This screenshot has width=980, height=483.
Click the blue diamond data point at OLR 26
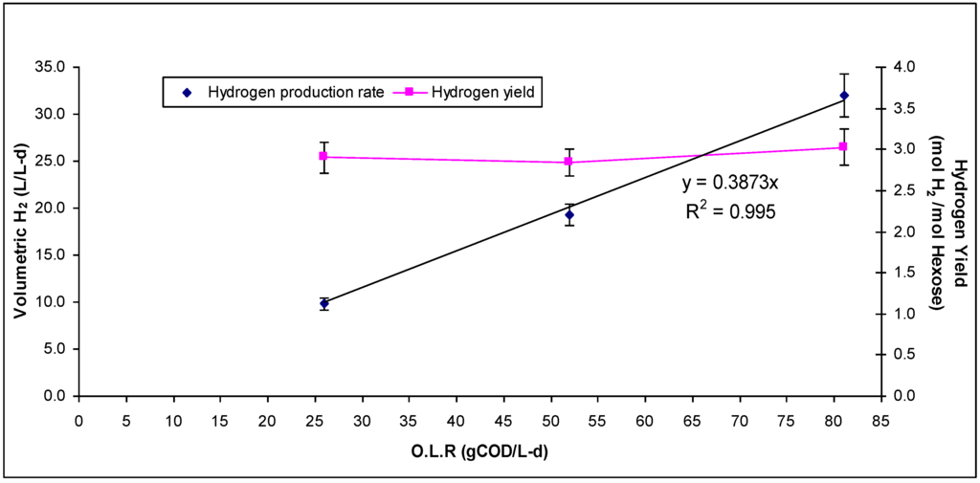(324, 303)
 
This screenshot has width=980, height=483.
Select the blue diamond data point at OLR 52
(569, 215)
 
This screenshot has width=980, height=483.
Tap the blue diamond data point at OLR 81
(844, 96)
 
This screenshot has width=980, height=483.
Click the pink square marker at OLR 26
(324, 156)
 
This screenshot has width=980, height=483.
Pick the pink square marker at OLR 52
(569, 162)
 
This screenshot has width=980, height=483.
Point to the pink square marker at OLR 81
(844, 146)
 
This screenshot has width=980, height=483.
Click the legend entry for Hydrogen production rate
(286, 93)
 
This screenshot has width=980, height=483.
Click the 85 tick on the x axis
(878, 417)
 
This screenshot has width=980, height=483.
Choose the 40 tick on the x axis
(456, 417)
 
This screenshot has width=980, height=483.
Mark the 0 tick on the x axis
(79, 417)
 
